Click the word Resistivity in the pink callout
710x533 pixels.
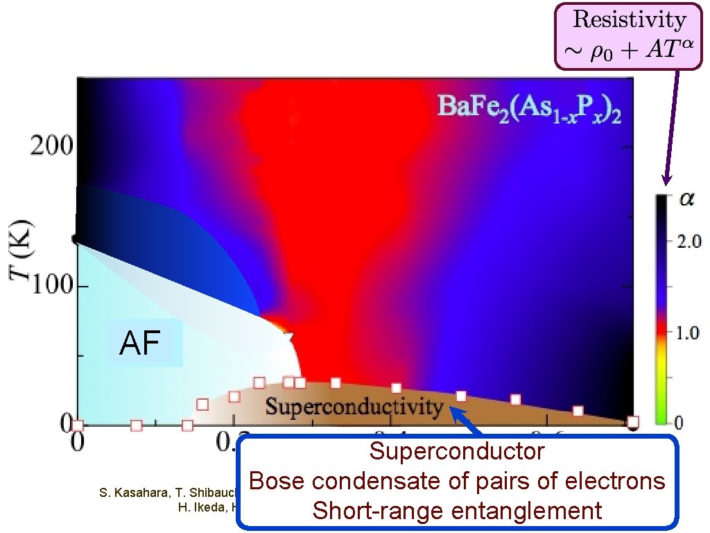tap(629, 19)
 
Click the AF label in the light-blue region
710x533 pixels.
tap(141, 344)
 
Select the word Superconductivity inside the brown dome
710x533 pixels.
tap(354, 406)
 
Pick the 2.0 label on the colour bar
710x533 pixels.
tap(689, 242)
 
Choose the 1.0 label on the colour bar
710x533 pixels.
tap(689, 334)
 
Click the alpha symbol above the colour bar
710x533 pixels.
tap(686, 200)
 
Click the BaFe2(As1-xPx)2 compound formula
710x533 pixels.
tap(528, 108)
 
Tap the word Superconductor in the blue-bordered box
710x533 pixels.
tap(457, 452)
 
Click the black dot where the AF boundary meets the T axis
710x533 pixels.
tap(76, 239)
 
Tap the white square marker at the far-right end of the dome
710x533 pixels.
tap(632, 421)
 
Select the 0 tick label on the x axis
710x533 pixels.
tap(78, 440)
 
